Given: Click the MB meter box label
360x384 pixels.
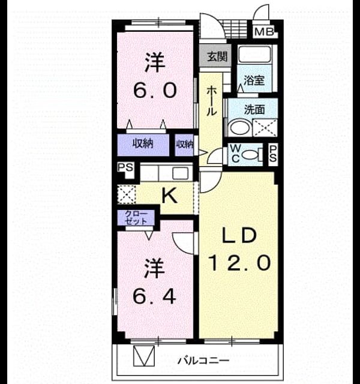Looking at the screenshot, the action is click(x=264, y=32).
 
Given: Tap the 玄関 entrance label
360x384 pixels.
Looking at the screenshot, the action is click(x=217, y=56).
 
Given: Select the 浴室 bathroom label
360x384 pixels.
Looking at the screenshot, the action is click(x=254, y=80).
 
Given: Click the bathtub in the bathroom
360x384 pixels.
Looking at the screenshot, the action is click(x=254, y=54).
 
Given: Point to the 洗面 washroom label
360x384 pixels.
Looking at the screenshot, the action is click(x=254, y=110).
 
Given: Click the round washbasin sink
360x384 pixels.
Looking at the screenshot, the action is click(x=239, y=127).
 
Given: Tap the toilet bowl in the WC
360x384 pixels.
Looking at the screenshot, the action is click(x=249, y=155).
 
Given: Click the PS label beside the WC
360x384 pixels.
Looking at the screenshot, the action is click(x=273, y=154).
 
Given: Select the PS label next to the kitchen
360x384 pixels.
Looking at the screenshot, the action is click(x=125, y=167).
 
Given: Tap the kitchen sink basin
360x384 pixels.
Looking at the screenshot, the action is click(x=181, y=173).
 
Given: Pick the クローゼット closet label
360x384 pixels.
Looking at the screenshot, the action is click(x=136, y=218).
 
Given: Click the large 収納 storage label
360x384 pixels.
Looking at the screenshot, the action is click(x=143, y=143).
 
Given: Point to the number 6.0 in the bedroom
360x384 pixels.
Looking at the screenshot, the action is click(x=155, y=90).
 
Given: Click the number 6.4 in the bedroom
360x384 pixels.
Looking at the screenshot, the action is click(x=155, y=296).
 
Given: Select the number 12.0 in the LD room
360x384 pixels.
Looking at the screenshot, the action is click(x=239, y=263).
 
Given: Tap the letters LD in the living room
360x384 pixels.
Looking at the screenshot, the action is click(x=239, y=235).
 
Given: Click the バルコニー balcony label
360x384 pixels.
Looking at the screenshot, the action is click(x=203, y=361).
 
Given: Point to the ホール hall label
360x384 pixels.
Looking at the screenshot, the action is click(x=211, y=101).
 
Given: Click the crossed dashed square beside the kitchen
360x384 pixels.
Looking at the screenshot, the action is click(x=127, y=194).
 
